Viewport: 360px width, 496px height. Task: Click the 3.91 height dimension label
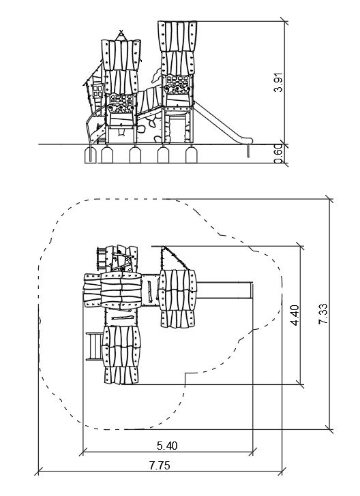pyautogui.click(x=278, y=82)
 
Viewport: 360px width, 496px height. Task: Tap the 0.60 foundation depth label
pyautogui.click(x=278, y=154)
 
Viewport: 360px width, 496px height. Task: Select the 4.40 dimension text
pyautogui.click(x=295, y=315)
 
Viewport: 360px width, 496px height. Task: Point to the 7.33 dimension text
pyautogui.click(x=323, y=314)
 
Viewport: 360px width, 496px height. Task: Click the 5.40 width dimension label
pyautogui.click(x=167, y=446)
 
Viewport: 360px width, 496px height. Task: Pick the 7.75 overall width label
pyautogui.click(x=160, y=465)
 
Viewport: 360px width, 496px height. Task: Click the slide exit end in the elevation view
pyautogui.click(x=247, y=140)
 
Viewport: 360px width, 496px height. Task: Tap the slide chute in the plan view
pyautogui.click(x=224, y=290)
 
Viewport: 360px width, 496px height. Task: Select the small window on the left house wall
pyautogui.click(x=97, y=91)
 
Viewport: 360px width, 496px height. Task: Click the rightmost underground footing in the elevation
pyautogui.click(x=191, y=155)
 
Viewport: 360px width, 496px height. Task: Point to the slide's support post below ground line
pyautogui.click(x=248, y=151)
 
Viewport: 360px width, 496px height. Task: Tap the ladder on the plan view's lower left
pyautogui.click(x=94, y=346)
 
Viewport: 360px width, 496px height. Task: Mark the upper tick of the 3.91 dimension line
pyautogui.click(x=284, y=22)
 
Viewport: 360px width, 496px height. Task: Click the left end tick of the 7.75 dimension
pyautogui.click(x=38, y=471)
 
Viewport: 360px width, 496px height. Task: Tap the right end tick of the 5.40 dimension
pyautogui.click(x=253, y=452)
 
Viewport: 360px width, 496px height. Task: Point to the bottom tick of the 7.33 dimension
pyautogui.click(x=329, y=429)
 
